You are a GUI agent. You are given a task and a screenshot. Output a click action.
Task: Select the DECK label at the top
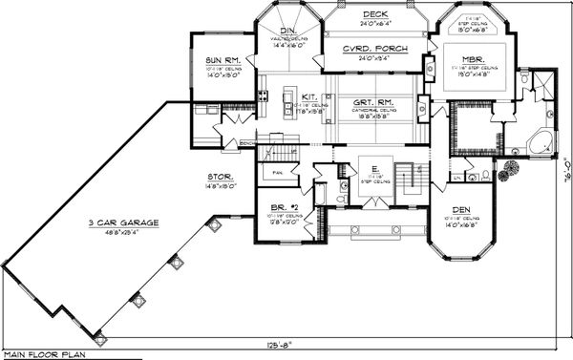click(373, 14)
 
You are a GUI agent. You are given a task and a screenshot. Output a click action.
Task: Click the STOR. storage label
click(221, 177)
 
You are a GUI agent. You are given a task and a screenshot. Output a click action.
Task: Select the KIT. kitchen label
click(310, 96)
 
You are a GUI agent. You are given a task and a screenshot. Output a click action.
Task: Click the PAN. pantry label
click(278, 173)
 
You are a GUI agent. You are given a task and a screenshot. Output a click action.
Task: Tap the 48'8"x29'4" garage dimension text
click(111, 229)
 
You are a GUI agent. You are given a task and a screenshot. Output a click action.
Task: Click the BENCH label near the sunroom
click(247, 143)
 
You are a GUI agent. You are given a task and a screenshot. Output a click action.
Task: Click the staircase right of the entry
click(408, 176)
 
